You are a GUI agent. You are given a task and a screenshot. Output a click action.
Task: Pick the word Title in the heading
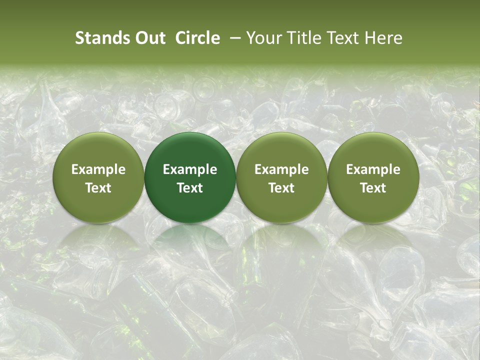tap(304, 38)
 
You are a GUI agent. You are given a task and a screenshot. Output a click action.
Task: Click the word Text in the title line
tap(344, 38)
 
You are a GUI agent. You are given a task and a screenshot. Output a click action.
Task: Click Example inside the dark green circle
tap(190, 169)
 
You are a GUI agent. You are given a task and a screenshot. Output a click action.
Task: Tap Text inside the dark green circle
tap(190, 188)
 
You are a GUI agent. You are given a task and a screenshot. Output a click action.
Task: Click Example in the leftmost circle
tap(98, 169)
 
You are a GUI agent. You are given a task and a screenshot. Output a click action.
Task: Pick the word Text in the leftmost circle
tap(98, 188)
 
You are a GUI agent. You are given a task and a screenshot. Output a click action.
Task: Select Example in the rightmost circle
tap(373, 169)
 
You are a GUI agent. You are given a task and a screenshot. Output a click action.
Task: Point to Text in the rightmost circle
tap(373, 188)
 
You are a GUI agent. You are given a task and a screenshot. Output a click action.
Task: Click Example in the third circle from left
tap(281, 169)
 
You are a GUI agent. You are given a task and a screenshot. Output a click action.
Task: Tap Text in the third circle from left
tap(281, 188)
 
